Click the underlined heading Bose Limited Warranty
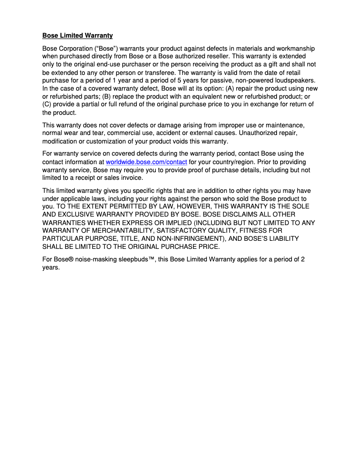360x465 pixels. tap(77, 35)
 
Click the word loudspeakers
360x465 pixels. tap(294, 81)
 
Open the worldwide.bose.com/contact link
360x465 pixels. tap(146, 162)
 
